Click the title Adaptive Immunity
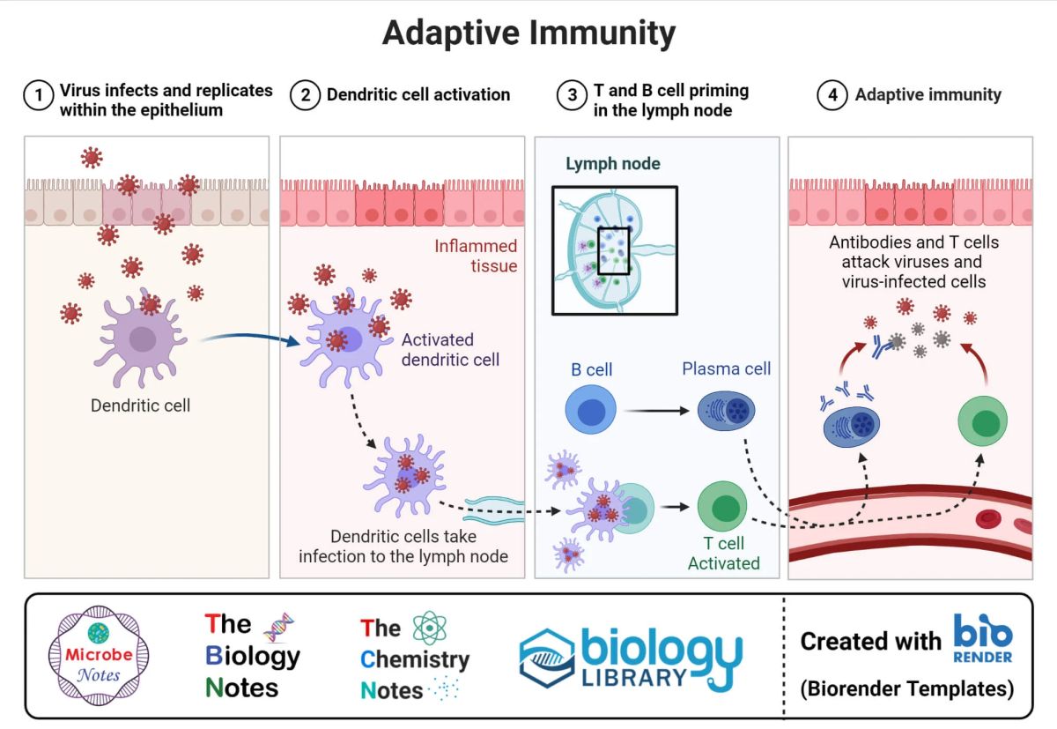tap(529, 33)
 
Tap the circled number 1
tap(38, 95)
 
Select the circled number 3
tap(572, 95)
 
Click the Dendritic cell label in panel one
tap(140, 405)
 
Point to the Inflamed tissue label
tap(476, 256)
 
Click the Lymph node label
tap(613, 163)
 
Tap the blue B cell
tap(591, 409)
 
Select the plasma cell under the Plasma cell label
tap(726, 410)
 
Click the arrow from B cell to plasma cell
tap(657, 411)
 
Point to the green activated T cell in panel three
tap(722, 506)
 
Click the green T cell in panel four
tap(982, 420)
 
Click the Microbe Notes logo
tap(99, 655)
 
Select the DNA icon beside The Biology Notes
tap(279, 627)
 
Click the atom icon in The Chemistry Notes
tap(430, 628)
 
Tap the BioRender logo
tap(983, 638)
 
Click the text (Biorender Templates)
tap(907, 688)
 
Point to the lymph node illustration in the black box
tap(615, 250)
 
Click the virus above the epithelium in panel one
tap(92, 157)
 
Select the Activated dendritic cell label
tap(450, 349)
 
